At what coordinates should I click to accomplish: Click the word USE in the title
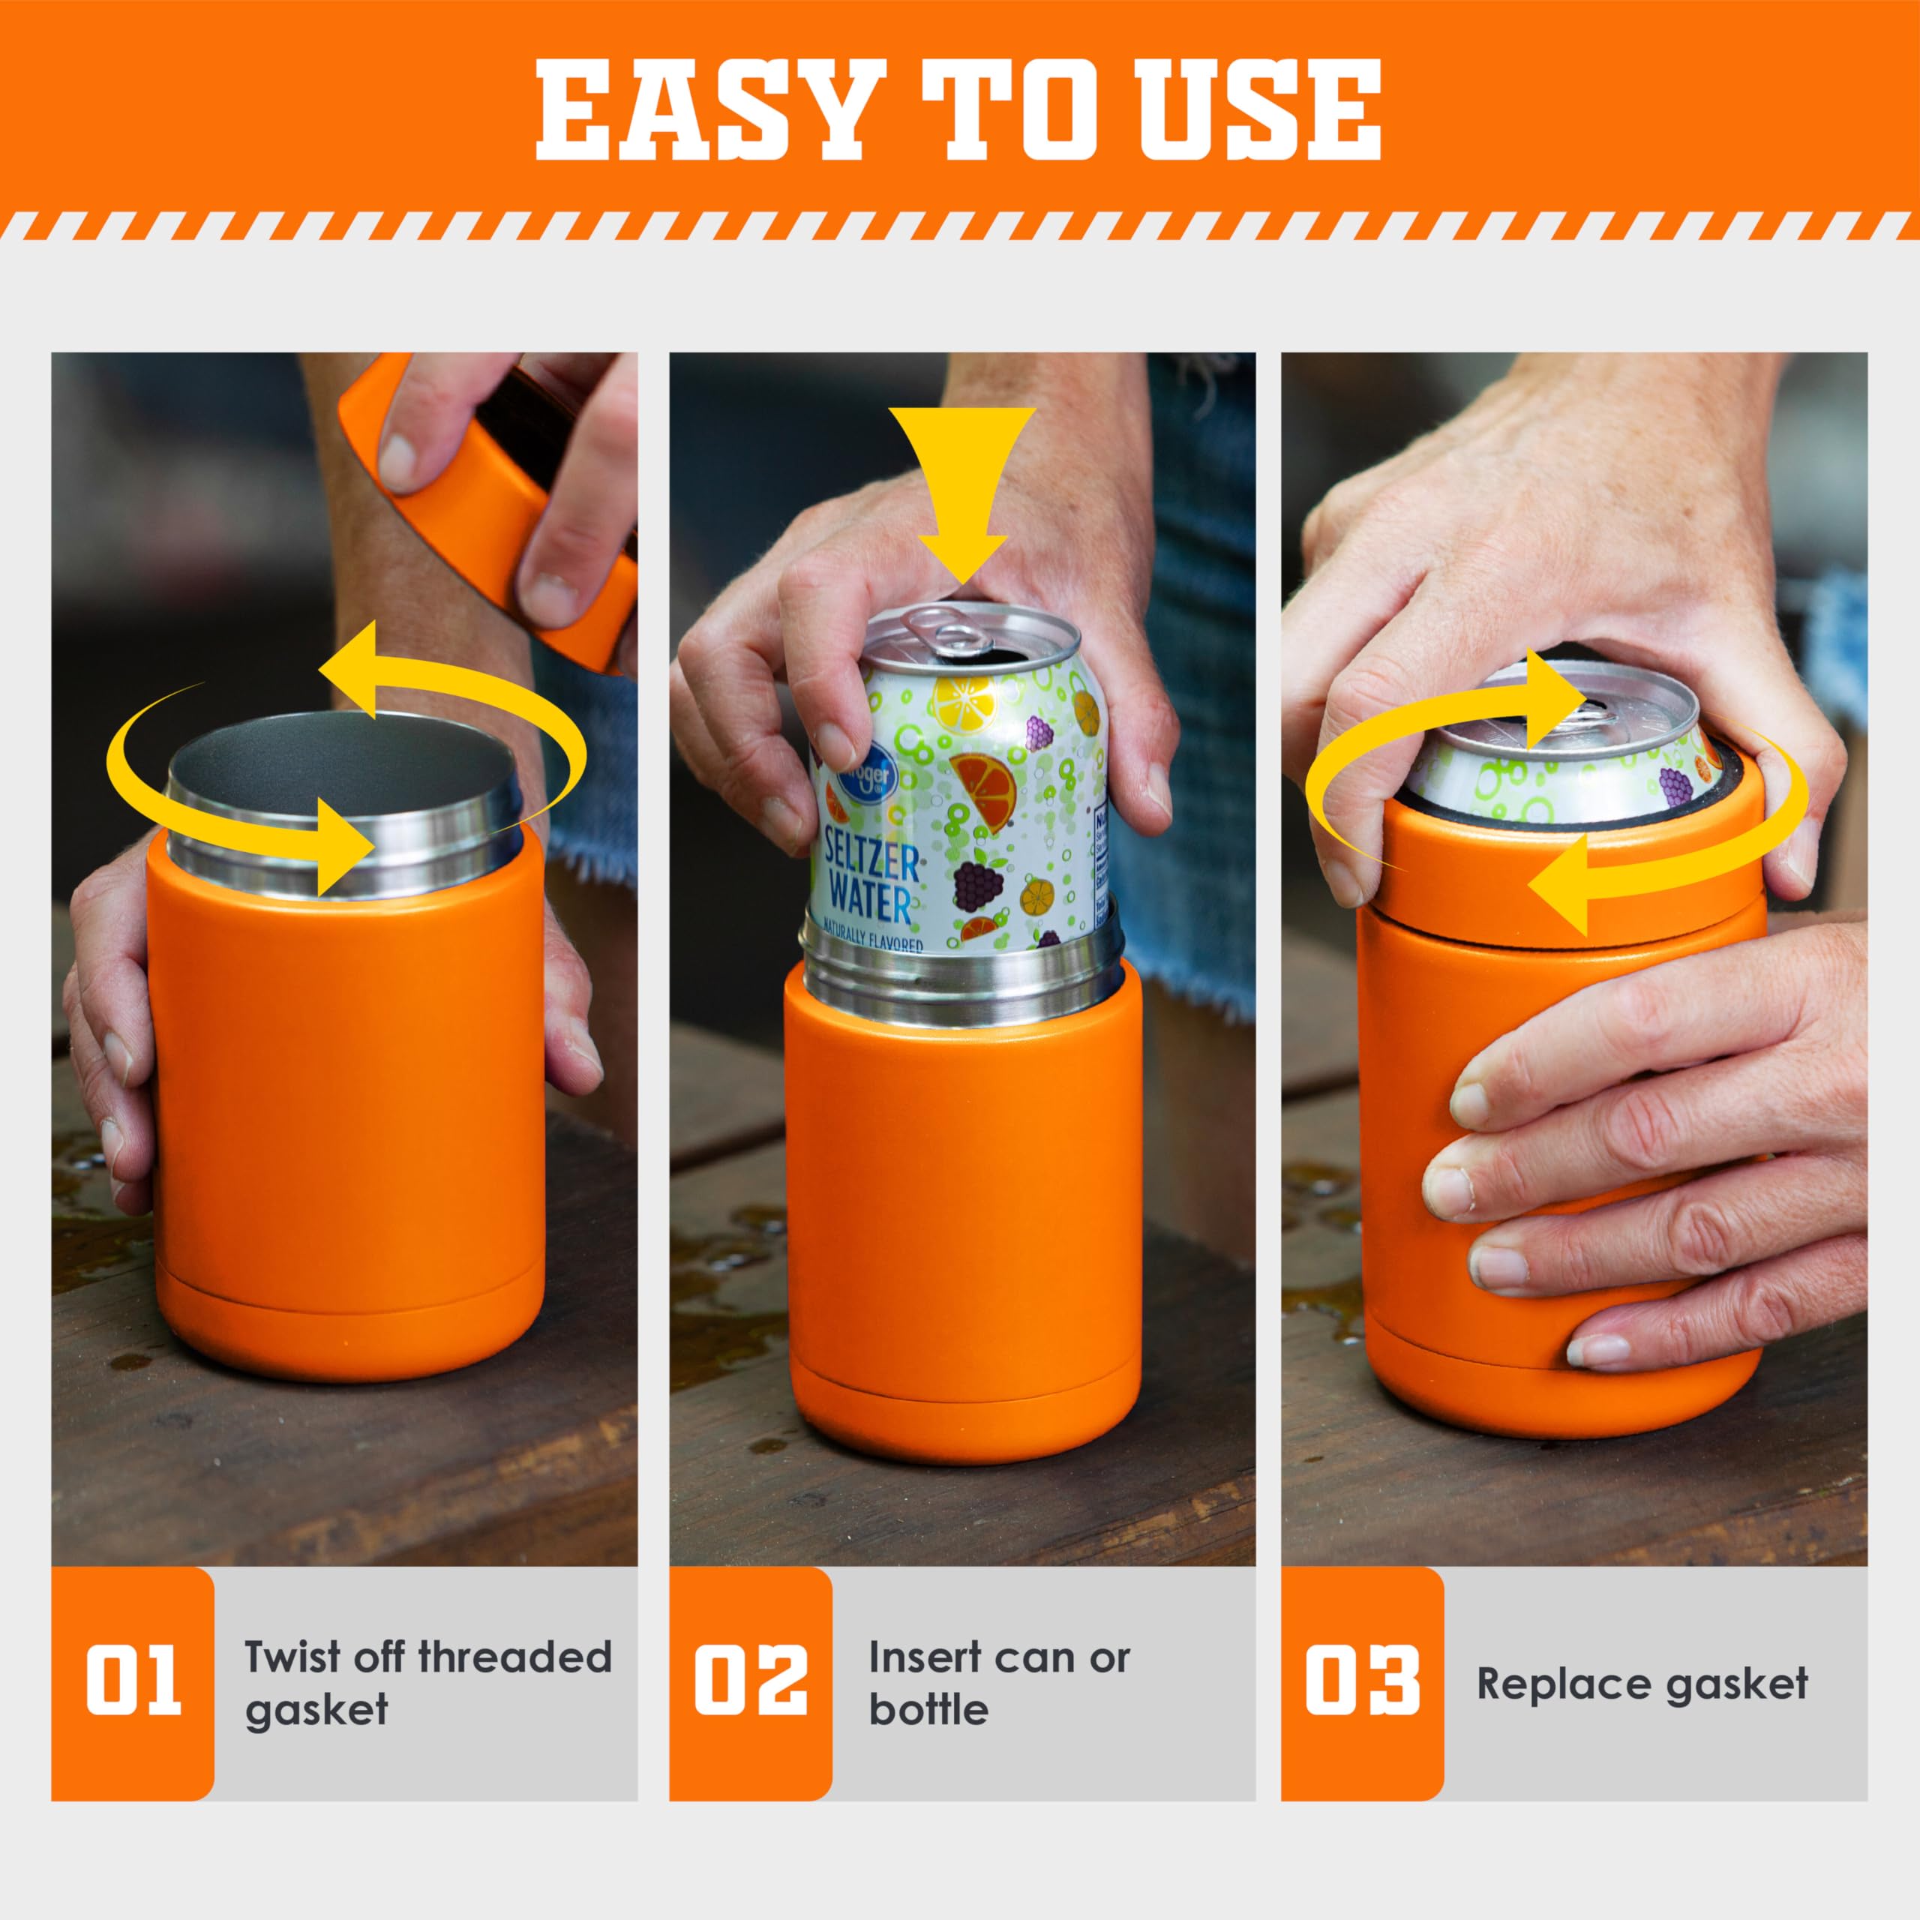pos(1259,110)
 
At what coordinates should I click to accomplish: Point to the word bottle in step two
pos(928,1710)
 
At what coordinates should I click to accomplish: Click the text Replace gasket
pos(1642,1684)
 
